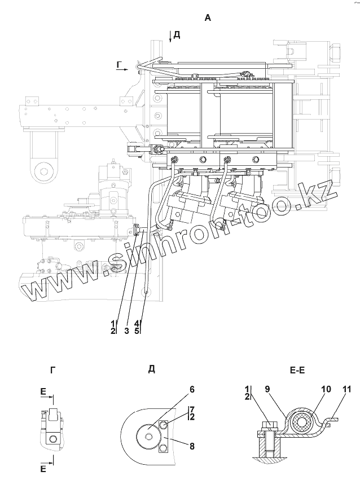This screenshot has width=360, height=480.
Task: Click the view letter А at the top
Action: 208,18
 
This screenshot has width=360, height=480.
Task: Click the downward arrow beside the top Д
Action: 169,38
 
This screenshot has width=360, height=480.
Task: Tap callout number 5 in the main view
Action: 137,331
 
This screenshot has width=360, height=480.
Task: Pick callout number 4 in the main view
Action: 137,323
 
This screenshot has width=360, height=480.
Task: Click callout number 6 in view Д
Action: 175,389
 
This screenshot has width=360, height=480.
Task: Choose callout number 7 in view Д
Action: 192,408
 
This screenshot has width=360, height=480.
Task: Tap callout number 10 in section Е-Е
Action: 309,389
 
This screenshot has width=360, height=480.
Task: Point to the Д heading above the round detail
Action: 152,369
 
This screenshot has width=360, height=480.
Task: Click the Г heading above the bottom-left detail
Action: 52,369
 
